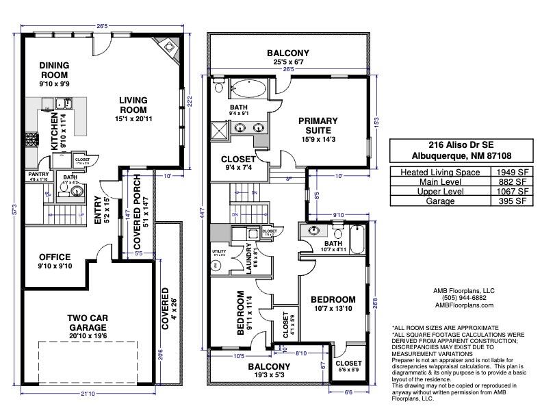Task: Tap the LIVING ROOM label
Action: pyautogui.click(x=133, y=105)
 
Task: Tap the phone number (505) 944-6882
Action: pyautogui.click(x=461, y=298)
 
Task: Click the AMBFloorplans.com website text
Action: pyautogui.click(x=461, y=305)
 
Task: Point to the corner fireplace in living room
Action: pyautogui.click(x=169, y=47)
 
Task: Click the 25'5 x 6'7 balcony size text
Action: pyautogui.click(x=288, y=62)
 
